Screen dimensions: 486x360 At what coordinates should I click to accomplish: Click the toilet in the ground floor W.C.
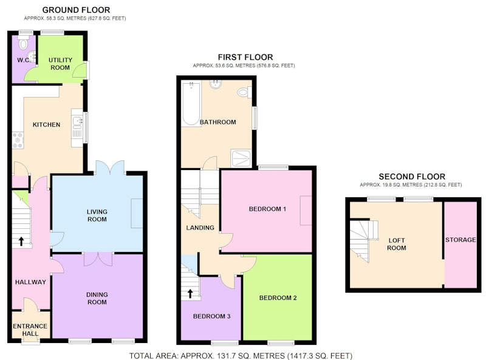click(x=23, y=42)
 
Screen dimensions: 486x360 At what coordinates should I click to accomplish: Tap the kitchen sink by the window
click(x=77, y=126)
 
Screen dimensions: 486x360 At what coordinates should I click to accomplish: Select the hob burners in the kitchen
click(x=18, y=140)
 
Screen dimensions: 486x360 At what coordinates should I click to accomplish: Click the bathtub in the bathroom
click(x=191, y=103)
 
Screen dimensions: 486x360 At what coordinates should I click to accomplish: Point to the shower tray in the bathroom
click(x=241, y=158)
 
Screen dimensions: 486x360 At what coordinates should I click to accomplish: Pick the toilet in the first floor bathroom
click(x=245, y=92)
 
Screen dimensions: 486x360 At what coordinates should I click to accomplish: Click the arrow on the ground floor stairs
click(x=21, y=241)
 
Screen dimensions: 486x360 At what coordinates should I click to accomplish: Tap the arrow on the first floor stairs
click(x=190, y=293)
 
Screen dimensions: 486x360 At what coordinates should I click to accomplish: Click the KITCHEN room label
click(x=47, y=124)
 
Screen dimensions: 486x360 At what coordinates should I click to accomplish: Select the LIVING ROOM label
click(x=97, y=216)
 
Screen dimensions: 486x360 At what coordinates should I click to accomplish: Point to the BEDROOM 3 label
click(x=211, y=316)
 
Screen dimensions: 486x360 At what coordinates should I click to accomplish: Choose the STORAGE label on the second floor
click(x=460, y=240)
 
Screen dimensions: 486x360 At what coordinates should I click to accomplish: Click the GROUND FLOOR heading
click(x=76, y=10)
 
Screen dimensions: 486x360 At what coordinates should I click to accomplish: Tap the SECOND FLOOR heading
click(x=412, y=177)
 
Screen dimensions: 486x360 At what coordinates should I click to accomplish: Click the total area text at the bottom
click(x=241, y=356)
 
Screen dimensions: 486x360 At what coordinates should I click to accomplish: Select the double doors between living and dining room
click(x=98, y=259)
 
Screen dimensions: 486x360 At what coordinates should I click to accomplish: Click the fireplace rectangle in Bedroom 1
click(x=306, y=211)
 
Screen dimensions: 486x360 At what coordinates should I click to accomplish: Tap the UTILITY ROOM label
click(x=60, y=64)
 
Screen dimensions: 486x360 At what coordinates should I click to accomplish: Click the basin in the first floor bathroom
click(x=216, y=84)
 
